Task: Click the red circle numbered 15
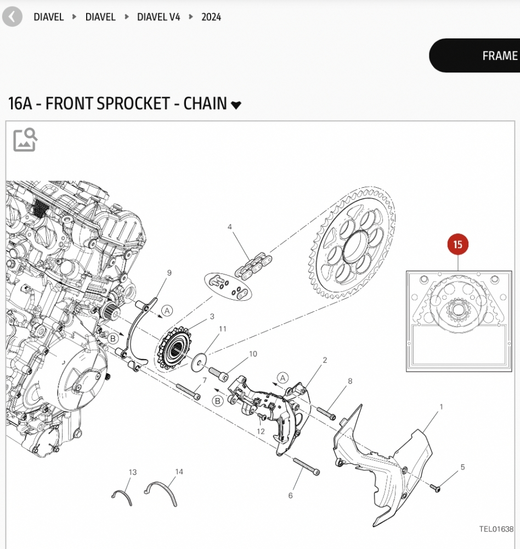(x=458, y=245)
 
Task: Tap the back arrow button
(x=12, y=17)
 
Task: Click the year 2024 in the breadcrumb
(x=211, y=17)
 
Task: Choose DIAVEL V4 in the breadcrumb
(x=159, y=17)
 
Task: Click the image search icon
(x=25, y=139)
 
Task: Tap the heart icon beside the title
(x=236, y=105)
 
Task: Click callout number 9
(x=169, y=273)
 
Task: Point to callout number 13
(x=133, y=472)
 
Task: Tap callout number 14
(x=179, y=472)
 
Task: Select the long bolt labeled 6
(x=306, y=466)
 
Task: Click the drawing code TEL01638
(x=496, y=529)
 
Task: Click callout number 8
(x=350, y=381)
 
